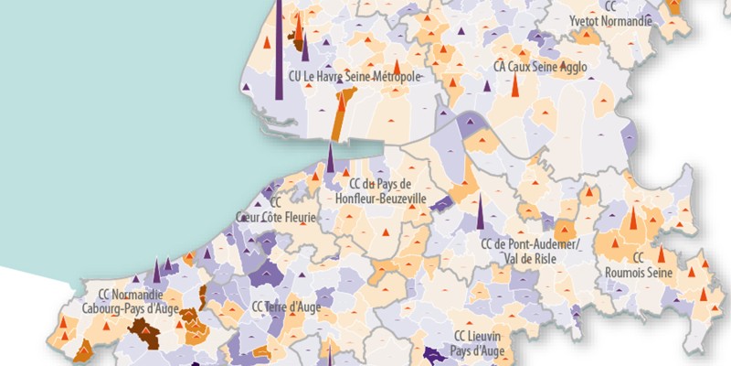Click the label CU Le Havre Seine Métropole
(355, 77)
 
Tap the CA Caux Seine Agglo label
(540, 67)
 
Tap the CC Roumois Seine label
(639, 265)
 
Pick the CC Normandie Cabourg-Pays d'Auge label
(138, 301)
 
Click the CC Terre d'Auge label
(286, 307)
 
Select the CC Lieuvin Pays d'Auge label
(474, 342)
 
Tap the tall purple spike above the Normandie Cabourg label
(157, 271)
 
